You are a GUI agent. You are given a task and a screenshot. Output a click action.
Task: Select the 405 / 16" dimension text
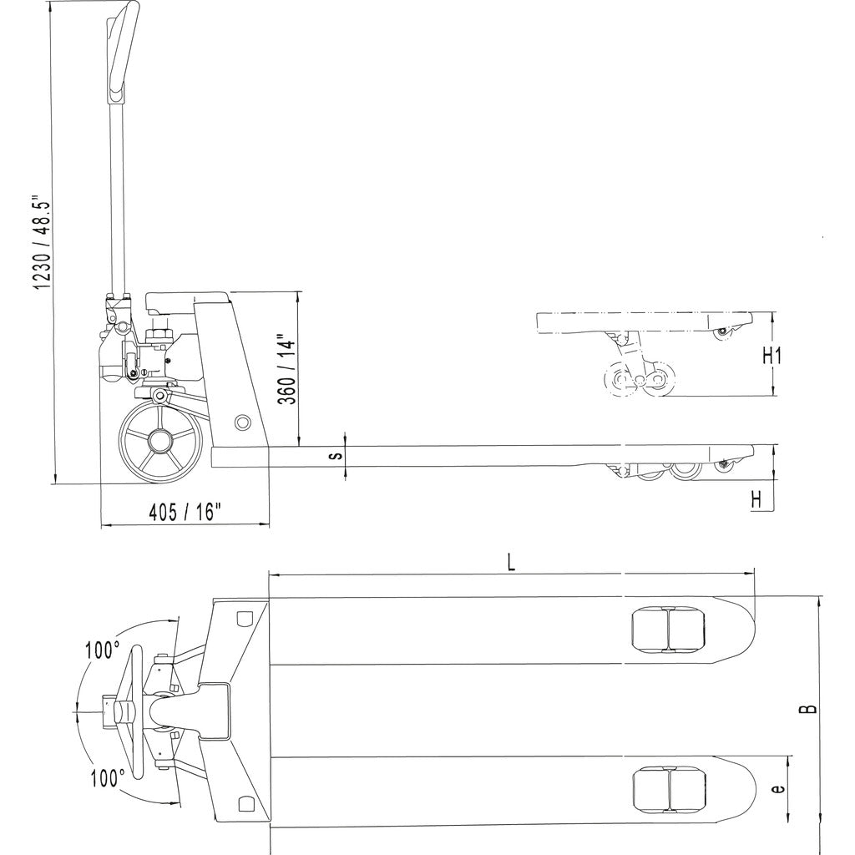(185, 511)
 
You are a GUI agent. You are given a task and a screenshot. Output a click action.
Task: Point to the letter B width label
(808, 709)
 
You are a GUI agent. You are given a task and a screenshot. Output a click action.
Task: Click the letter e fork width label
(777, 787)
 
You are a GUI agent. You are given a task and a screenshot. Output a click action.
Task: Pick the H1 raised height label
(772, 356)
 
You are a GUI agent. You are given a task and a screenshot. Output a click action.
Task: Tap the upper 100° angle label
(101, 650)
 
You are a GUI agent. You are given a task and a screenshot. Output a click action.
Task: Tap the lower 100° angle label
(108, 778)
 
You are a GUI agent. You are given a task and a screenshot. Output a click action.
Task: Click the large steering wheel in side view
(160, 441)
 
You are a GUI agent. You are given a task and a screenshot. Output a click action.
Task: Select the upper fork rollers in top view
(668, 630)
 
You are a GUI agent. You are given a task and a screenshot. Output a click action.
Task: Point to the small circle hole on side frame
(242, 422)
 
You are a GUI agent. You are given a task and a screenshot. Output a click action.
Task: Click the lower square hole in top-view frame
(245, 803)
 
